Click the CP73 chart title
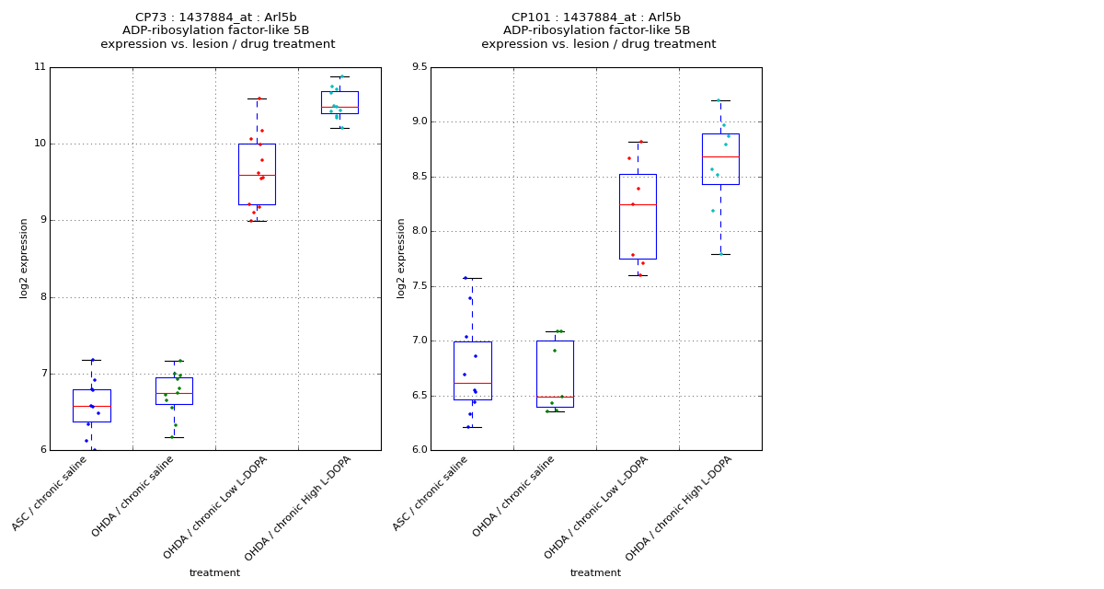(217, 30)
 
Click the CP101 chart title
(598, 30)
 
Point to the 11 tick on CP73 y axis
(40, 67)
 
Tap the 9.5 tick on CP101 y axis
(418, 67)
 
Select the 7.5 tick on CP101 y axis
(418, 286)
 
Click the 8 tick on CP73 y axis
(41, 297)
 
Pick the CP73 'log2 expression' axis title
(24, 259)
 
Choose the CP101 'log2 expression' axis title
(401, 259)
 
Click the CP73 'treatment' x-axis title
(214, 573)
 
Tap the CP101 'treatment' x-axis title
(595, 573)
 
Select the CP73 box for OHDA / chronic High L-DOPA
(339, 102)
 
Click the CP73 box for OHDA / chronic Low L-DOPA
(257, 174)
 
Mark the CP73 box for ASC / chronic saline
(91, 406)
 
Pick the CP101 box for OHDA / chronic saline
(555, 374)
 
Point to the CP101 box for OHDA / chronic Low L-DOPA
(638, 216)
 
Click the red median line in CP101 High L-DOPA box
(720, 157)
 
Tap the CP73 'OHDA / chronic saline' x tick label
(134, 496)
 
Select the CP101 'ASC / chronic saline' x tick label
(431, 493)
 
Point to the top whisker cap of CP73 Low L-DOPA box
(257, 98)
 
